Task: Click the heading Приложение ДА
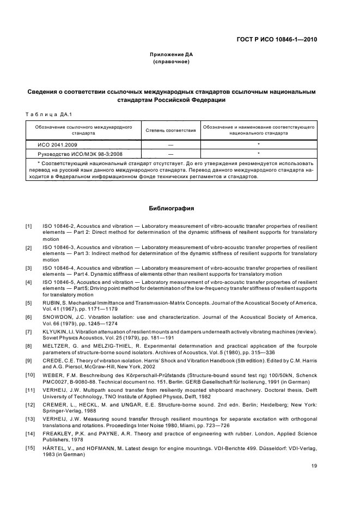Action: click(172, 55)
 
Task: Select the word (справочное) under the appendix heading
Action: click(172, 62)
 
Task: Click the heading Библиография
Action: click(172, 208)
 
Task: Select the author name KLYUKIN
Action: click(54, 331)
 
